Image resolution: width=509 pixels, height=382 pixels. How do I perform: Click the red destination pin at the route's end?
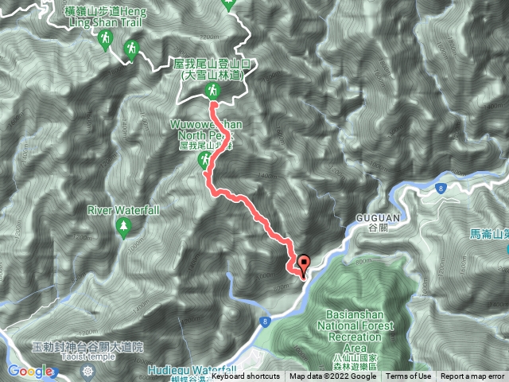[303, 263]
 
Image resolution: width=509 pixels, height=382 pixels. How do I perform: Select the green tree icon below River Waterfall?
[123, 228]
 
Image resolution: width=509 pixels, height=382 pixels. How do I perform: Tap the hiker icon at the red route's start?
[213, 92]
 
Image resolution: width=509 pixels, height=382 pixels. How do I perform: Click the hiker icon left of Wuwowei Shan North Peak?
[204, 161]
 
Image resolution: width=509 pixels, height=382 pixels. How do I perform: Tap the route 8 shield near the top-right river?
[439, 188]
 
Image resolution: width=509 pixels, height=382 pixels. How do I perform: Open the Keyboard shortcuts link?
[245, 376]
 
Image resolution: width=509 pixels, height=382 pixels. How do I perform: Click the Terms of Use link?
[409, 376]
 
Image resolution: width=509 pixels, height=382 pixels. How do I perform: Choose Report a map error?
[472, 376]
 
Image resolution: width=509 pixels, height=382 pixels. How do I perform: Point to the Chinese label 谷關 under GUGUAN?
[378, 226]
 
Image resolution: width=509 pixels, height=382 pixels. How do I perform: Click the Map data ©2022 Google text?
[332, 376]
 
